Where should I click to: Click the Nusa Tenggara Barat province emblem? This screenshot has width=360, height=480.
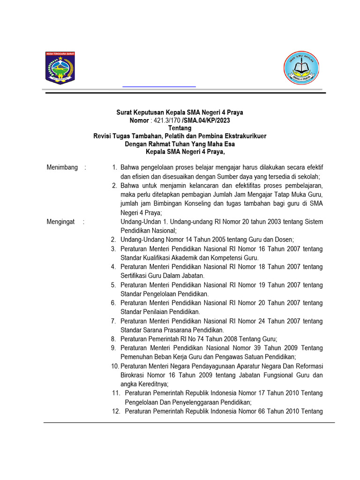click(60, 68)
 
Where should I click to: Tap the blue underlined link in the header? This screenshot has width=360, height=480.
click(159, 86)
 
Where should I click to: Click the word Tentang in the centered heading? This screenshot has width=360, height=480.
click(180, 128)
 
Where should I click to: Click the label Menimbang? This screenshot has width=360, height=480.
click(62, 167)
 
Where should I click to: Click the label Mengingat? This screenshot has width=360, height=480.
click(60, 222)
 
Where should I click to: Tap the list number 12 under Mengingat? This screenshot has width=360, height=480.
click(116, 412)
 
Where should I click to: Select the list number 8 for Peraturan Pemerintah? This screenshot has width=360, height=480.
click(113, 339)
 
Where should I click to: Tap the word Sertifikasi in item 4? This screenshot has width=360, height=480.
click(135, 276)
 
